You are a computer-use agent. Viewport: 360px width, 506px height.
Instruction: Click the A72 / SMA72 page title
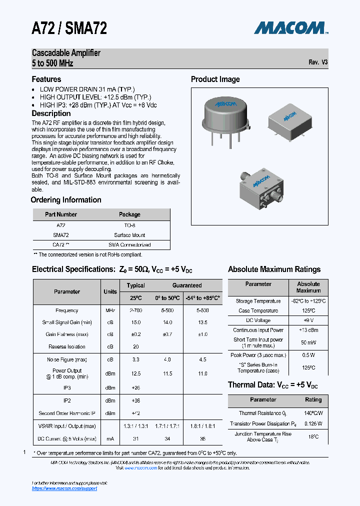69,28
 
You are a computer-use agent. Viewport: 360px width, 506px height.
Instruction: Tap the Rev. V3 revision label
318,62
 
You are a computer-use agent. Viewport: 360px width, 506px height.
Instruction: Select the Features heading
46,79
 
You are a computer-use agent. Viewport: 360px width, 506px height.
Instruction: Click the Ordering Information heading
66,200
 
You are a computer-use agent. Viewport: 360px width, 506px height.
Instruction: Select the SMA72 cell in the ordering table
60,235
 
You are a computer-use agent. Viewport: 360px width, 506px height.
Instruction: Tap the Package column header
129,214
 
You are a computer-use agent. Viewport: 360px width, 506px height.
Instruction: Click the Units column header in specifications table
110,291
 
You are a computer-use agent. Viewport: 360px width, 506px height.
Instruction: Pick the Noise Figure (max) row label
67,359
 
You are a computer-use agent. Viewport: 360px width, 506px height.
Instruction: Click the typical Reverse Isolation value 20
135,346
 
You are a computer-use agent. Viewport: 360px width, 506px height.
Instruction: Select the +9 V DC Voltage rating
308,320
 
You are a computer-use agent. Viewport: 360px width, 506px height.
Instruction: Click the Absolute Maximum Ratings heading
274,269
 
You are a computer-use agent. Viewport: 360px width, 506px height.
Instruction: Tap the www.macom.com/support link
64,488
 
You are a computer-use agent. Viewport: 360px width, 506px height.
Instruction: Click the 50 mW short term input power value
308,342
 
